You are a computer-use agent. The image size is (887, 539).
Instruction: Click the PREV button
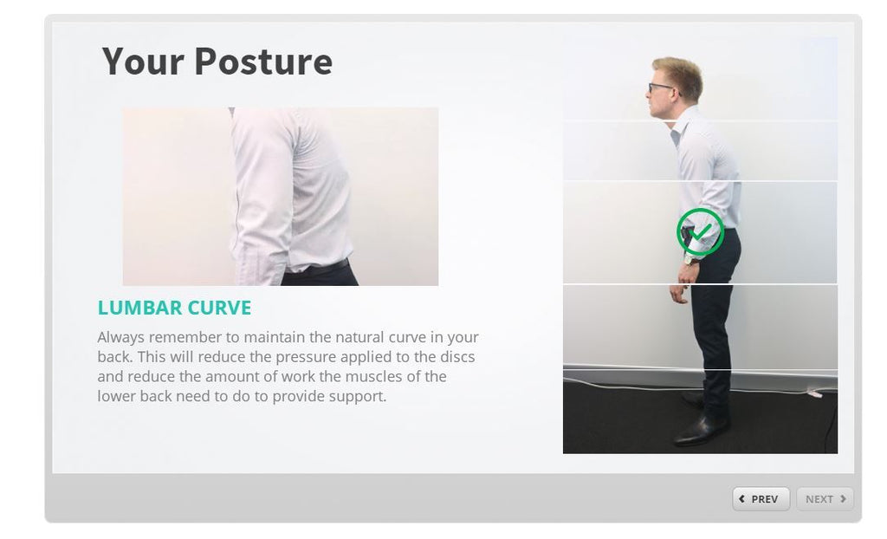(x=761, y=499)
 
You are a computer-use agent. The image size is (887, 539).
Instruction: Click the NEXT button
(x=825, y=499)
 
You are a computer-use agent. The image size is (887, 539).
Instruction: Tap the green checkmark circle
(x=700, y=232)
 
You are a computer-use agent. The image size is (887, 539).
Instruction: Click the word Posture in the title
(x=262, y=62)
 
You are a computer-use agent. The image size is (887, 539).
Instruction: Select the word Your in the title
(x=142, y=62)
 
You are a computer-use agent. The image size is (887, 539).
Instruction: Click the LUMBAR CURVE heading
(x=174, y=308)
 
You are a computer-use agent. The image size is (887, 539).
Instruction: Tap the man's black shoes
(x=702, y=430)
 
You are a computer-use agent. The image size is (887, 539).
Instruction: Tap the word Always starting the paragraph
(x=120, y=337)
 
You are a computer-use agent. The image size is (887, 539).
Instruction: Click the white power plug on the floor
(x=813, y=392)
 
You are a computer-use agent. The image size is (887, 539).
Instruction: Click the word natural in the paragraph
(x=361, y=337)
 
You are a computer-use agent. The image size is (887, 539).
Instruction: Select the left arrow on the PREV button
(x=742, y=499)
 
